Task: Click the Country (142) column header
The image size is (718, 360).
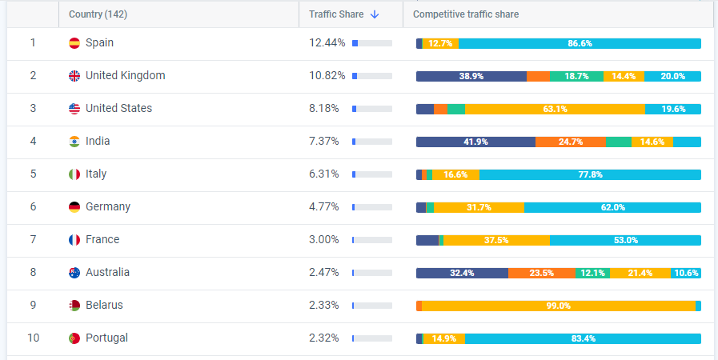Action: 98,14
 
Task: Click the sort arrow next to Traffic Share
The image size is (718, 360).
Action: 375,14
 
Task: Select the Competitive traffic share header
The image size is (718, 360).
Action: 466,14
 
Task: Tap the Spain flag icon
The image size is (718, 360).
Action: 74,43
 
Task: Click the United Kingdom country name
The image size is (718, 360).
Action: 126,76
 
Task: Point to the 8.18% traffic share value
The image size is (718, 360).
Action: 324,109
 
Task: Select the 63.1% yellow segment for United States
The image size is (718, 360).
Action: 555,109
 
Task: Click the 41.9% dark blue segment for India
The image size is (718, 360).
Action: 475,142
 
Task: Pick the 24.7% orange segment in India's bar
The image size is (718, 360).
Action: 571,142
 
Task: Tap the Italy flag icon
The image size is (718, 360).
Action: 74,174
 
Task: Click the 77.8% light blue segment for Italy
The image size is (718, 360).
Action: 590,174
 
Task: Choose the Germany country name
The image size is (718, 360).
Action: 108,207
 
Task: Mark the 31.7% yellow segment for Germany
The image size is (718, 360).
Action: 479,207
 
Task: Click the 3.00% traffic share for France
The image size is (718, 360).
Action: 324,240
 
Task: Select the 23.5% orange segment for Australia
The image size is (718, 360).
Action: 542,273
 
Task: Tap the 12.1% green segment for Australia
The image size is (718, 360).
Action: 592,273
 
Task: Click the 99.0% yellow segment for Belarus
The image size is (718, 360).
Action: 558,306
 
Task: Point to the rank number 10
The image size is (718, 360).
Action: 33,338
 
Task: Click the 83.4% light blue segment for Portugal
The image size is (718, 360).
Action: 583,338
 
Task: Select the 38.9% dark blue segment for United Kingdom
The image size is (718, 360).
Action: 471,76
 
